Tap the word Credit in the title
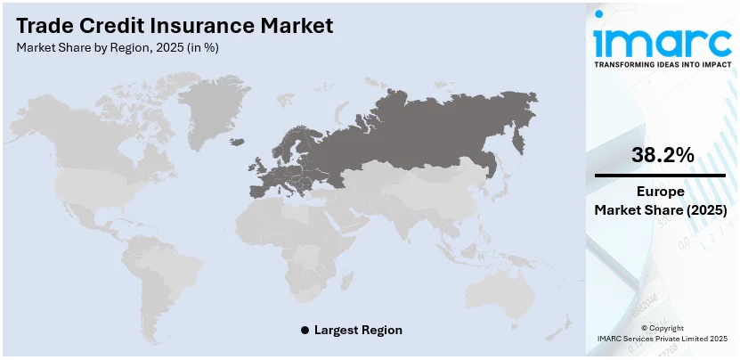(x=101, y=25)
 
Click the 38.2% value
(x=662, y=155)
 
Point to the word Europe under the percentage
(x=661, y=192)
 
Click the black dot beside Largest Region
(x=305, y=330)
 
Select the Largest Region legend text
(x=358, y=330)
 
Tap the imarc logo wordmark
(x=662, y=41)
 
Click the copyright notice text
(x=661, y=334)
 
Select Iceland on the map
(x=237, y=140)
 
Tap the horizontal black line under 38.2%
(x=661, y=176)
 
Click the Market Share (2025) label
(x=661, y=210)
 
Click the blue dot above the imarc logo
(x=598, y=13)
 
